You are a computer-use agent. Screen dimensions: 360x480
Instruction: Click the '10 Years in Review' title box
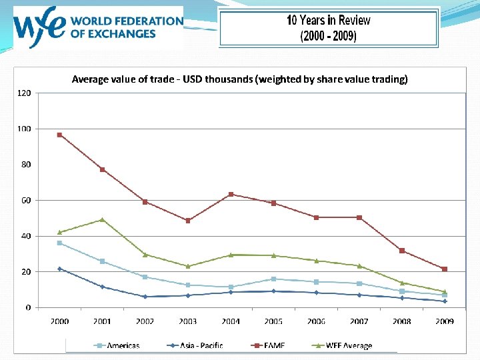click(328, 28)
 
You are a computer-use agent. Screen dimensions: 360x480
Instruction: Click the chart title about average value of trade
click(239, 79)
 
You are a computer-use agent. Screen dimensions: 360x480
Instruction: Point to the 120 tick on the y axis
click(23, 93)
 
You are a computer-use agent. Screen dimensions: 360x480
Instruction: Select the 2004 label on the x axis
click(231, 321)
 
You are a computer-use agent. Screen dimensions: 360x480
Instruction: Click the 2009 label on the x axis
click(445, 321)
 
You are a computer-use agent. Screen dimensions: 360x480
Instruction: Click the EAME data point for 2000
click(59, 135)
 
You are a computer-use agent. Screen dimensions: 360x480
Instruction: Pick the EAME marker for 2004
click(231, 194)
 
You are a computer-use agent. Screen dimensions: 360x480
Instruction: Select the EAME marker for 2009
click(445, 269)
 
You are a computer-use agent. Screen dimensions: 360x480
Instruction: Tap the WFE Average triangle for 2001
click(102, 219)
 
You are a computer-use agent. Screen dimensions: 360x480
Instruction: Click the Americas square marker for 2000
click(59, 243)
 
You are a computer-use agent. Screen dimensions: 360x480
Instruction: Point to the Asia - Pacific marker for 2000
click(59, 269)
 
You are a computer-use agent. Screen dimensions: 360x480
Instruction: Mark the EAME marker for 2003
click(188, 221)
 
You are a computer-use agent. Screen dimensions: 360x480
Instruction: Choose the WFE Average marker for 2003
click(188, 266)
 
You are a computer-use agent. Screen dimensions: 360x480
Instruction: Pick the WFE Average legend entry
click(343, 345)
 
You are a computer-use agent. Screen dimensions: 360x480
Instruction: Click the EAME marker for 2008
click(402, 251)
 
